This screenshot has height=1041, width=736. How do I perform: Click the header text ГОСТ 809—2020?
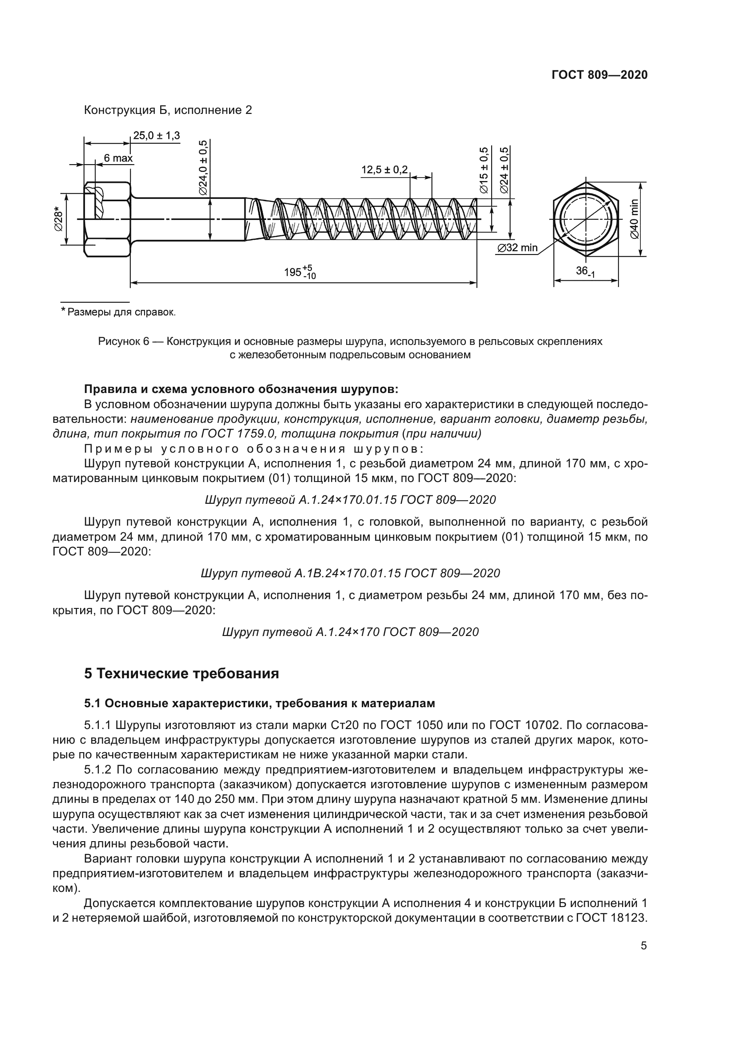(x=599, y=75)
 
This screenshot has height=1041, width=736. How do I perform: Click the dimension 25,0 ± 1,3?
(x=156, y=135)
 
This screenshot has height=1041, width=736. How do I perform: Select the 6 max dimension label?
(x=118, y=158)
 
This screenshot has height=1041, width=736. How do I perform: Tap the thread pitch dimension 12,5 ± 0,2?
(x=384, y=170)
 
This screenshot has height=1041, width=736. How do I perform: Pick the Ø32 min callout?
(x=517, y=248)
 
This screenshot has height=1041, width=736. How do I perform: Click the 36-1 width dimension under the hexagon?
(x=585, y=271)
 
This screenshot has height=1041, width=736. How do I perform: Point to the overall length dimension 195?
(x=299, y=272)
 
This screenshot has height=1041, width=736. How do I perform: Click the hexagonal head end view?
(x=586, y=219)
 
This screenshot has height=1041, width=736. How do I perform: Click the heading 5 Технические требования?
(x=181, y=674)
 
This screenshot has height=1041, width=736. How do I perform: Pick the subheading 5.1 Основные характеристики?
(x=259, y=703)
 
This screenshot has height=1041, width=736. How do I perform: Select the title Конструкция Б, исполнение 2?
(x=168, y=110)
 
